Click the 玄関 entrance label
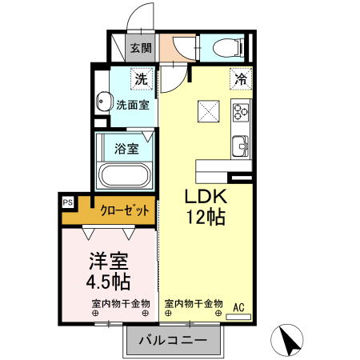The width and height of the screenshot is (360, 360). click(141, 48)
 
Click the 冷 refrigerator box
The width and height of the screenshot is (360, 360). click(240, 78)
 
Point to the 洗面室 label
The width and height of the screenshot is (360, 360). click(132, 104)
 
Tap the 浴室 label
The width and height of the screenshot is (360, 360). click(127, 148)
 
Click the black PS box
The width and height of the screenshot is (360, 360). click(67, 203)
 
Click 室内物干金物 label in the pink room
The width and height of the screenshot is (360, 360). click(119, 303)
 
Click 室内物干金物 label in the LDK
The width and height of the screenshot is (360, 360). click(194, 303)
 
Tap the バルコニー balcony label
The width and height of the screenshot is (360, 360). click(170, 341)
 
